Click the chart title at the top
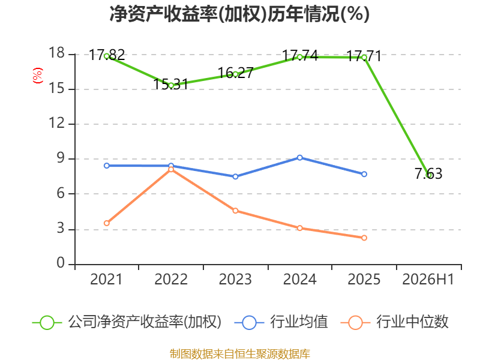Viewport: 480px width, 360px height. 239,14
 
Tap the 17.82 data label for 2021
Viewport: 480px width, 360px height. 107,55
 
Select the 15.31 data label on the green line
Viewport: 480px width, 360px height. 170,84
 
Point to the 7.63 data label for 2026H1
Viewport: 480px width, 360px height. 428,173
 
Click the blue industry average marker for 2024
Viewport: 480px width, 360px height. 299,158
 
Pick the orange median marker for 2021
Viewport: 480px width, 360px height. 107,223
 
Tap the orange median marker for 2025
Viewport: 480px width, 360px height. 364,238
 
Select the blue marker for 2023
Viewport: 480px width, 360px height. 235,176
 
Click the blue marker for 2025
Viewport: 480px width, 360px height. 364,174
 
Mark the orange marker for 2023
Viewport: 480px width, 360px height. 235,211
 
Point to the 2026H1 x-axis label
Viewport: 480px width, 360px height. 428,279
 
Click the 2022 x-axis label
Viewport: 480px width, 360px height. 171,279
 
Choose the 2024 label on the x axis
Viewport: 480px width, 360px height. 299,279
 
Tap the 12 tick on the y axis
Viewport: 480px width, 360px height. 57,124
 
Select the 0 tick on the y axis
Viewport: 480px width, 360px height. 61,263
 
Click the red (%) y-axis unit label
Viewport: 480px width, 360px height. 38,76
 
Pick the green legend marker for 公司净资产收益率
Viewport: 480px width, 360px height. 47,323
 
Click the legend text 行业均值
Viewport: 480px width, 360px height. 299,322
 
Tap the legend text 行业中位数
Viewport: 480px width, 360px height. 412,322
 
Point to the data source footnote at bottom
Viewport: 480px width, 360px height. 240,354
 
